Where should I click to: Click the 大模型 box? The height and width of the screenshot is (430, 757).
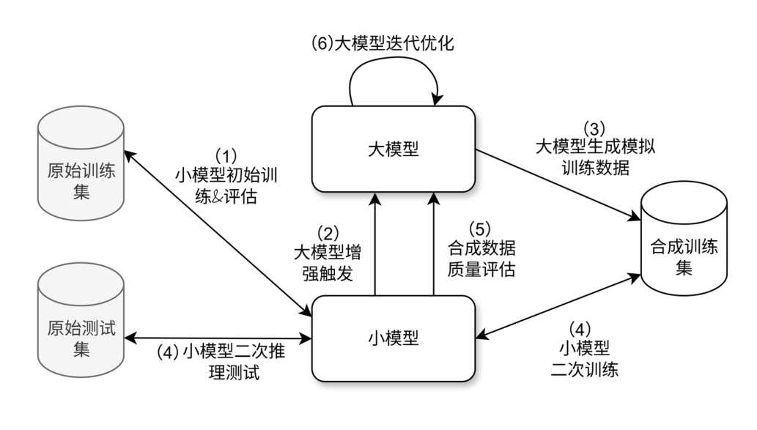[x=394, y=149]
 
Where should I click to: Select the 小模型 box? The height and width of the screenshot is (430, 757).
[x=394, y=338]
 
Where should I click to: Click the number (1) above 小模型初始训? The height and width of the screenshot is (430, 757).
[x=226, y=156]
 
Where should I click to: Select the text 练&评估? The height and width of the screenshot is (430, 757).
[x=226, y=196]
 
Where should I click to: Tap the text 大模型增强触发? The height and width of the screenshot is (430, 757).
[x=327, y=262]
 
